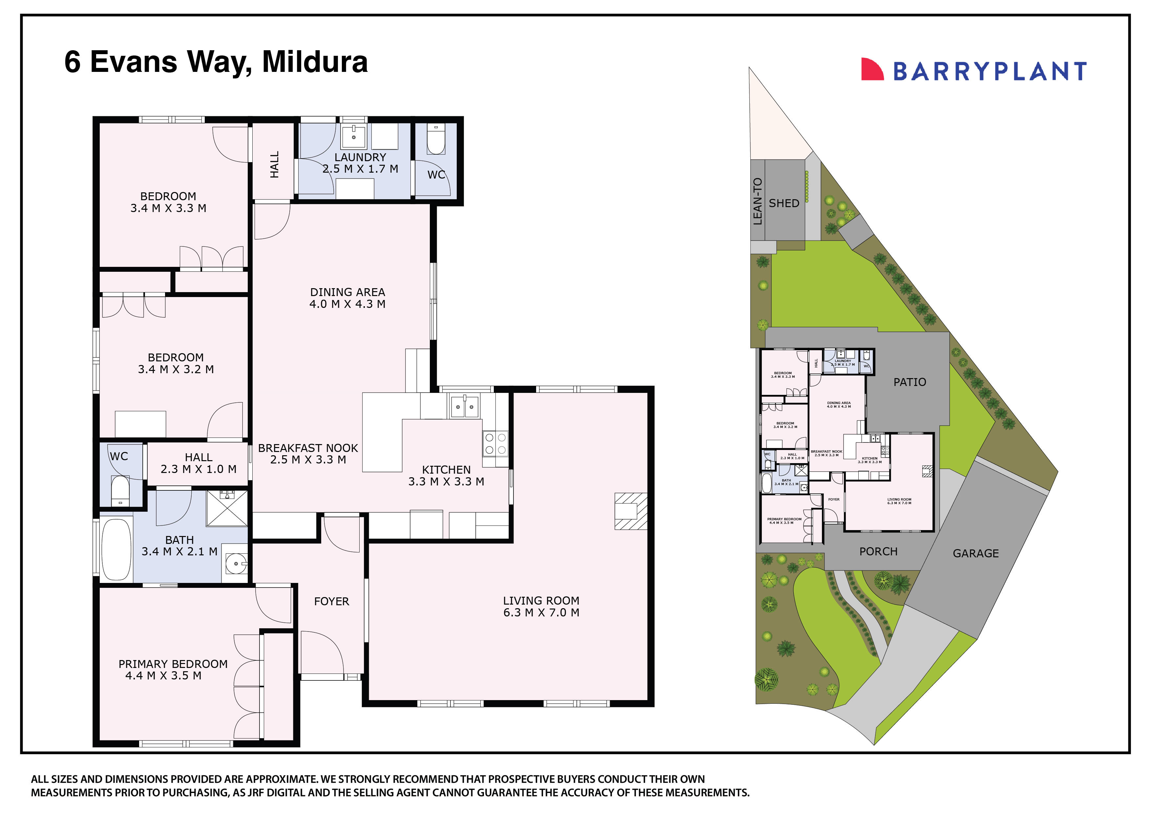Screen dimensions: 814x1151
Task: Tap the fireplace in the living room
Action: click(x=630, y=511)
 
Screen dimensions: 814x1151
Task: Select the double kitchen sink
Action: click(x=464, y=406)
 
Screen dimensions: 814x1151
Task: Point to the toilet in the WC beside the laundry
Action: click(x=436, y=139)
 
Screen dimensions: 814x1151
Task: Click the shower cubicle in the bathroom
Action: click(x=227, y=508)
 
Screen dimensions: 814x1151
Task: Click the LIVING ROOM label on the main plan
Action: click(x=541, y=600)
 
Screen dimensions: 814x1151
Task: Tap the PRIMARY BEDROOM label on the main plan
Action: click(x=173, y=664)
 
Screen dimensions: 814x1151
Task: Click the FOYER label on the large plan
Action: click(x=331, y=601)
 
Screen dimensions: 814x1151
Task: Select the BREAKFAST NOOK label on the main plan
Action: click(x=308, y=448)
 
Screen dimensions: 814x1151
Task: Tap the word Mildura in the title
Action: click(x=315, y=62)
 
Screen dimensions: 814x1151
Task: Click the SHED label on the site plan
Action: click(x=784, y=203)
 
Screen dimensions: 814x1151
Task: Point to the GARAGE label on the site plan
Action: click(x=975, y=553)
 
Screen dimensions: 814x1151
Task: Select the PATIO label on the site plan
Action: click(x=910, y=382)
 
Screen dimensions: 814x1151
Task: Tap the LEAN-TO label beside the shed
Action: click(x=758, y=202)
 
